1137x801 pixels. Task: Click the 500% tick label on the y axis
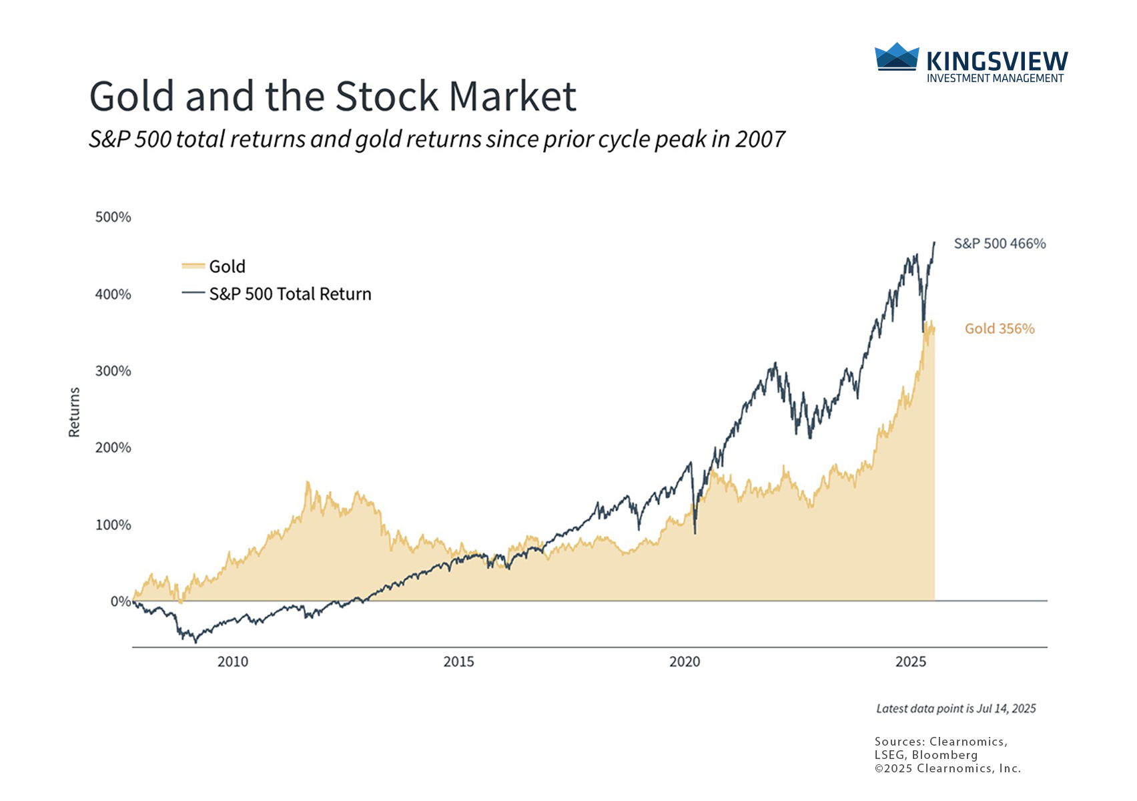coord(113,217)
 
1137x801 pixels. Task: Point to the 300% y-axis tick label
coord(113,371)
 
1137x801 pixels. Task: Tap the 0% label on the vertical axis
coord(120,601)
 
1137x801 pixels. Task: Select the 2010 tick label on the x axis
coord(233,661)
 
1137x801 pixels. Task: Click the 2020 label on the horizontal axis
coord(685,661)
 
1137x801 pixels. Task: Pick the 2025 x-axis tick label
coord(911,661)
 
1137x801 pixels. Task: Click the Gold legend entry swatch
coord(193,266)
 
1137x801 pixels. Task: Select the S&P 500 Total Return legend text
coord(290,294)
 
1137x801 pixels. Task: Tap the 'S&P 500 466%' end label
coord(1000,244)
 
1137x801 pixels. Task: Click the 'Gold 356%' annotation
coord(1000,328)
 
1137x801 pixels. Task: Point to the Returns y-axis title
coord(74,413)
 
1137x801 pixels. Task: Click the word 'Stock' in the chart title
coord(387,96)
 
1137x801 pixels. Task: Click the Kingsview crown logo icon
coord(896,57)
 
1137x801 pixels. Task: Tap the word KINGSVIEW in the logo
coord(997,62)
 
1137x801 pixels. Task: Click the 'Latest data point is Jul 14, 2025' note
coord(956,709)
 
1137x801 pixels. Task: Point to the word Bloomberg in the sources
coord(945,755)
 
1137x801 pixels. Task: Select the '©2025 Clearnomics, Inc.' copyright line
coord(948,768)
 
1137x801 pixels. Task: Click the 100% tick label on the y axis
coord(113,525)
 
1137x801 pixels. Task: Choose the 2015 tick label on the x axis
coord(459,661)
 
